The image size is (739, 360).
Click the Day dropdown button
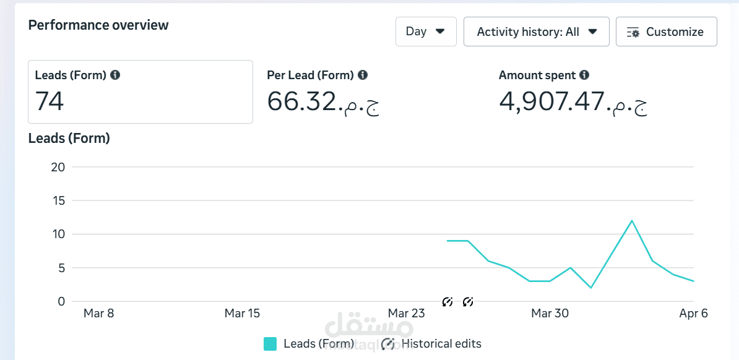point(426,32)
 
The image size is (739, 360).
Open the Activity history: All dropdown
point(536,32)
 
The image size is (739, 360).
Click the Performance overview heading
point(98,25)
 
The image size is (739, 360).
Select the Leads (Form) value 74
point(50,101)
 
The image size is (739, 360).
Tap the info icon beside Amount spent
point(584,75)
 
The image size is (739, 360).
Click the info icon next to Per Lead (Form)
point(363,75)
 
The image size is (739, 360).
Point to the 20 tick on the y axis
point(57,167)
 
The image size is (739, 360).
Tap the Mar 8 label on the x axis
point(98,314)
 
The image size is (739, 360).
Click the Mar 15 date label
point(242,314)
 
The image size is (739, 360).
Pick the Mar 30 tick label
point(550,314)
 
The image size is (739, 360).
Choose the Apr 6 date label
point(693,314)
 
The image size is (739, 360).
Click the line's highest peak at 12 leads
point(631,221)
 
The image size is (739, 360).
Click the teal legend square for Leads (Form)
point(270,344)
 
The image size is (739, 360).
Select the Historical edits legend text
point(441,344)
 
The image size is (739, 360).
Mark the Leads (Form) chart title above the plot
point(69,139)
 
